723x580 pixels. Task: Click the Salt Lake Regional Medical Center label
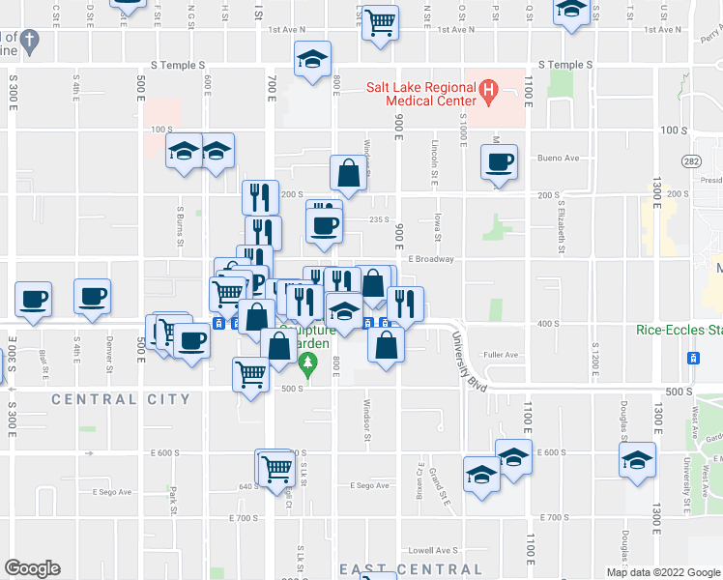pos(420,93)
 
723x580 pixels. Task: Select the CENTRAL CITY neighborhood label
pos(121,399)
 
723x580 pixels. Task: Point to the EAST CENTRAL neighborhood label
pos(411,570)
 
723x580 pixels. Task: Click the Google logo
pos(32,568)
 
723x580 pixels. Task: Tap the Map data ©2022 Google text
pos(663,572)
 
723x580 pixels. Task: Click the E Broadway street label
pos(430,259)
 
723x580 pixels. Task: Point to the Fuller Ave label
pos(502,355)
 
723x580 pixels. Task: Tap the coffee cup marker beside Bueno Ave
pos(499,163)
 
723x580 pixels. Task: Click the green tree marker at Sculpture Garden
pos(308,365)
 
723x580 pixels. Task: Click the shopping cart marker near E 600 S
pos(276,468)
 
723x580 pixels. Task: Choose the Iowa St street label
pos(438,228)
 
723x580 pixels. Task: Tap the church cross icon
pos(31,42)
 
